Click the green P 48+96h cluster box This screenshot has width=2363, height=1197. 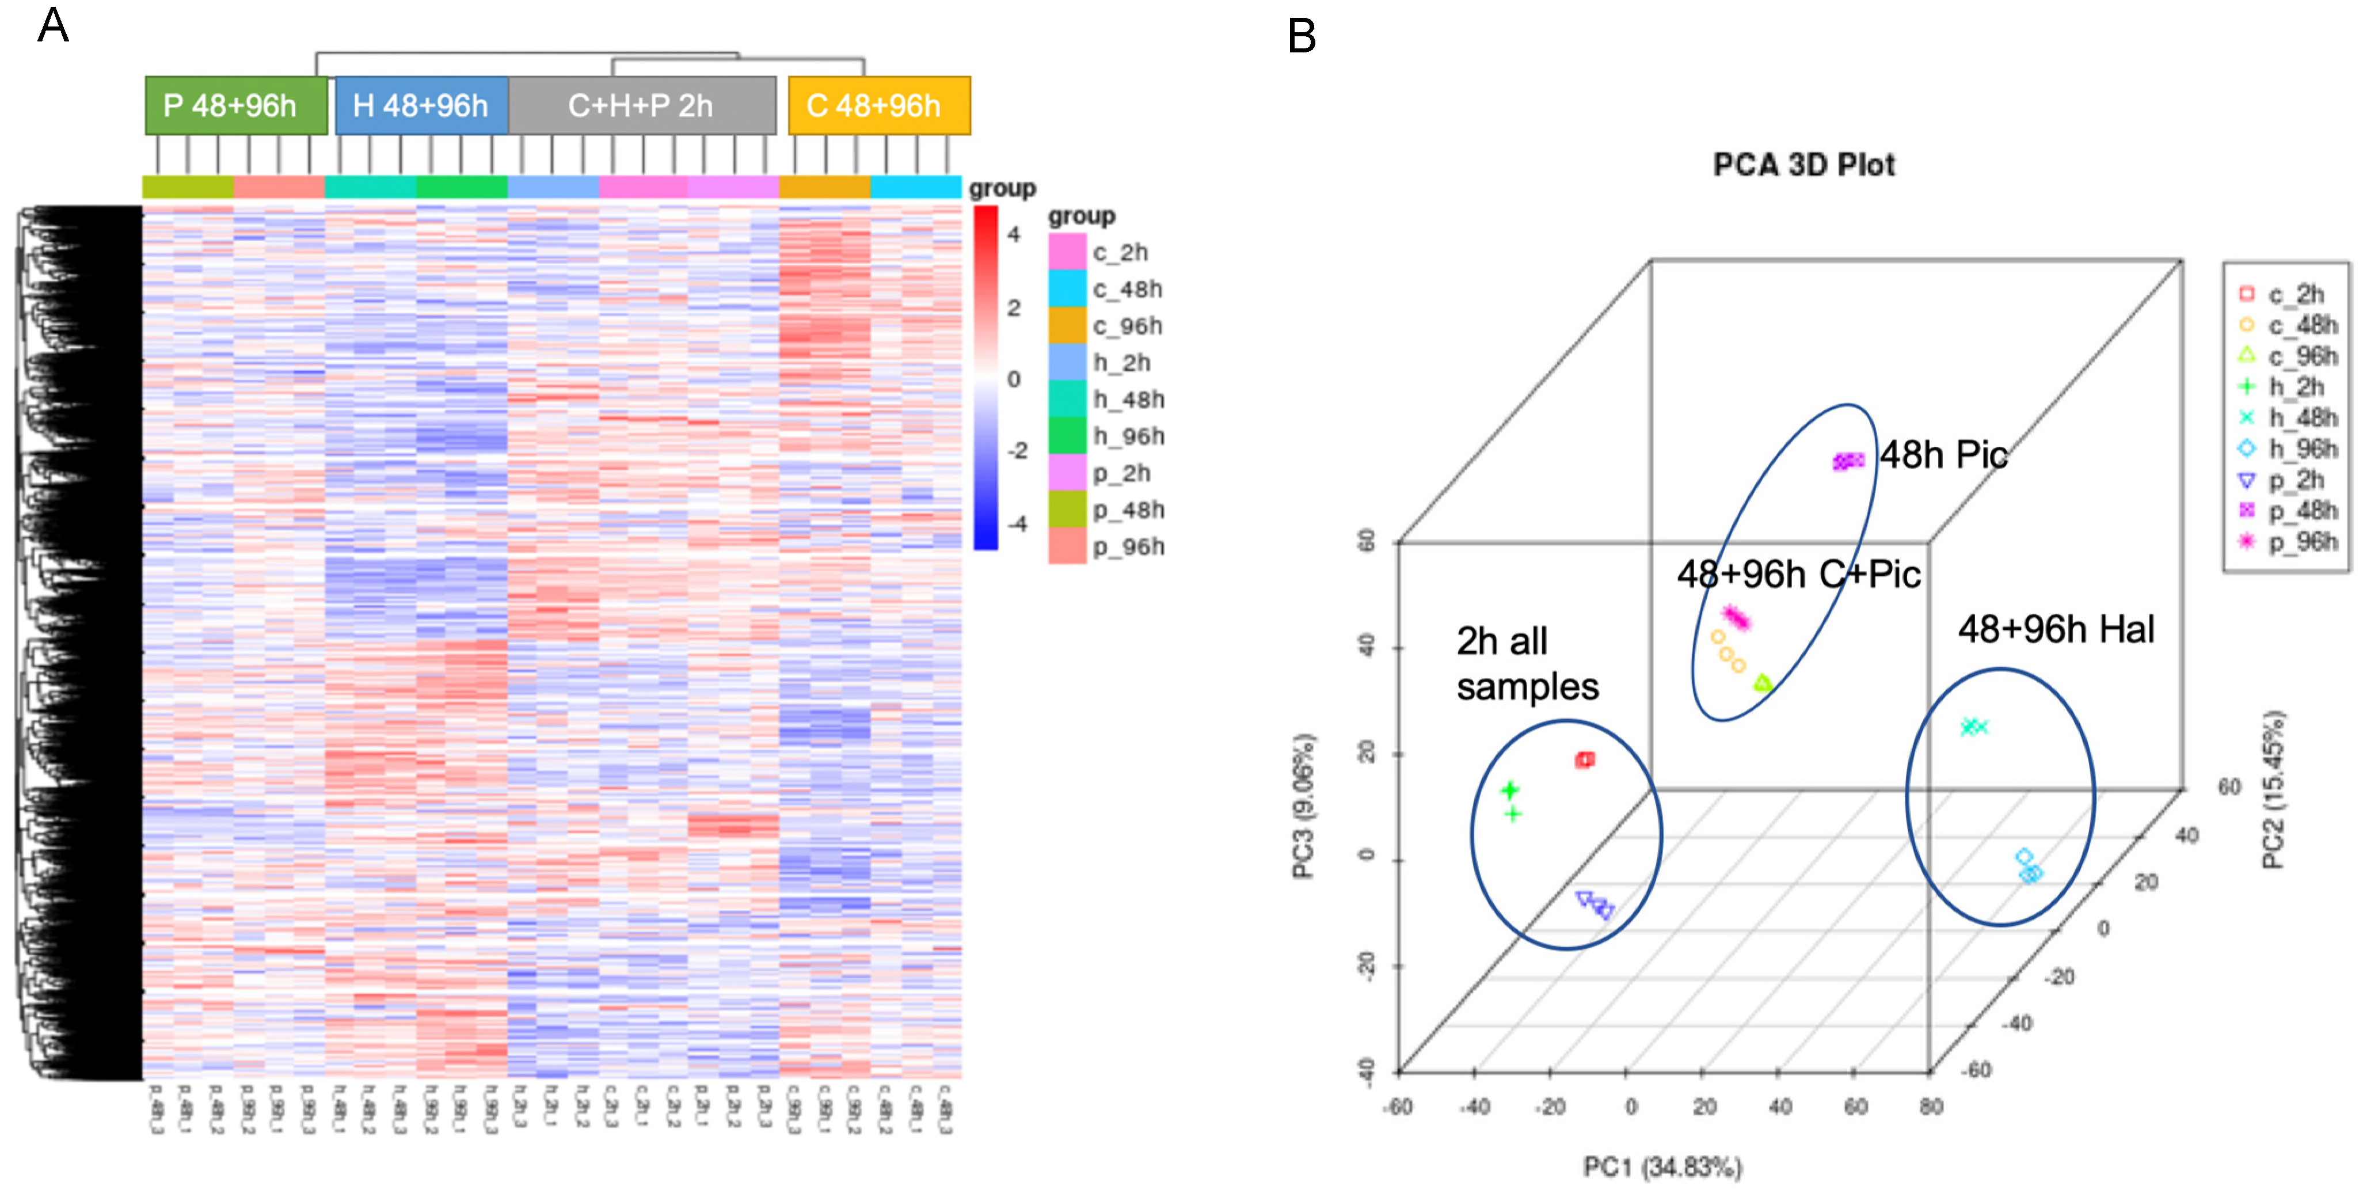(236, 105)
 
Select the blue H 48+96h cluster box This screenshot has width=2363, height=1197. (421, 105)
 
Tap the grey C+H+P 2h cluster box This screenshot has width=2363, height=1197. (641, 105)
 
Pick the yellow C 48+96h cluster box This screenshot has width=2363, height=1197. (878, 105)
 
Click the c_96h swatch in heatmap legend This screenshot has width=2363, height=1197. (1067, 326)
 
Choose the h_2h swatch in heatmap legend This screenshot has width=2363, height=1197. (1067, 362)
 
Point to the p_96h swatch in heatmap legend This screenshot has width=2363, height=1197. (1067, 546)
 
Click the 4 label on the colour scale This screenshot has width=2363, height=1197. (1014, 235)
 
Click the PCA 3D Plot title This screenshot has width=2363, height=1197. (1803, 165)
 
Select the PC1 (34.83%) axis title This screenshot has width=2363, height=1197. (1662, 1166)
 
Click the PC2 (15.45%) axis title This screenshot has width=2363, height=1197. (2273, 789)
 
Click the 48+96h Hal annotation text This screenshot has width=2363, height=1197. (2056, 630)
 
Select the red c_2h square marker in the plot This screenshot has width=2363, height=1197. (1584, 759)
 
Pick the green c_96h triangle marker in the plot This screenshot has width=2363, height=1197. (1762, 682)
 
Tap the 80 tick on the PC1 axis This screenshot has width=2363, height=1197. (1931, 1107)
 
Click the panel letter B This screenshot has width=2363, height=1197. (1302, 37)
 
